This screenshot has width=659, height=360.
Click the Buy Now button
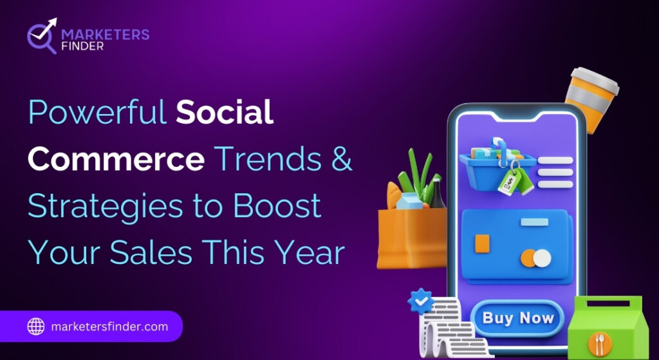coord(517,318)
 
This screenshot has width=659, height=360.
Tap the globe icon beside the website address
coord(36,327)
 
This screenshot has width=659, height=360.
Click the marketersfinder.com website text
coord(109,327)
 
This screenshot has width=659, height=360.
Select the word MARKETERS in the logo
coord(105,35)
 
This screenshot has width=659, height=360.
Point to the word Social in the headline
coord(225,112)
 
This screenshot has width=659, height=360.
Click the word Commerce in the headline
coord(116,160)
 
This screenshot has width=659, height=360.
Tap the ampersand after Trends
coord(342,160)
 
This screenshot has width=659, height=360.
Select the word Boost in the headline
coord(277,206)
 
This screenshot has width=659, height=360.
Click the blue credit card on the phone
coord(517,247)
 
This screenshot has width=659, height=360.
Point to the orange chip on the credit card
coord(482,243)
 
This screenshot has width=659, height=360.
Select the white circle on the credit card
coord(542,258)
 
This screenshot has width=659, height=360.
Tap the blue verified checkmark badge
coord(421,301)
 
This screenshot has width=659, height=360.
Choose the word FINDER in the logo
coord(82,46)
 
